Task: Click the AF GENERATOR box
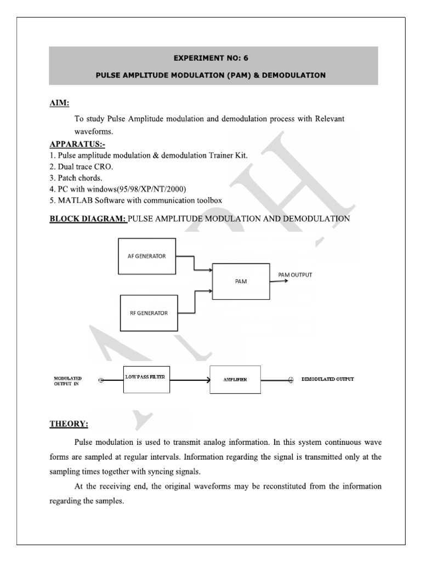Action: click(147, 256)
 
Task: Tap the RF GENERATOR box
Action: click(149, 313)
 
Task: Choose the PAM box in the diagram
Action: click(241, 281)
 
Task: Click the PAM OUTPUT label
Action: click(295, 275)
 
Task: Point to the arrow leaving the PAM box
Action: click(279, 281)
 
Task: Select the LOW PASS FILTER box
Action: click(145, 377)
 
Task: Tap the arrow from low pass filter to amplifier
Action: click(187, 380)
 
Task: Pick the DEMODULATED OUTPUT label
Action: click(328, 379)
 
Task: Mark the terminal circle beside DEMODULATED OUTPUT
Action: click(291, 380)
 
